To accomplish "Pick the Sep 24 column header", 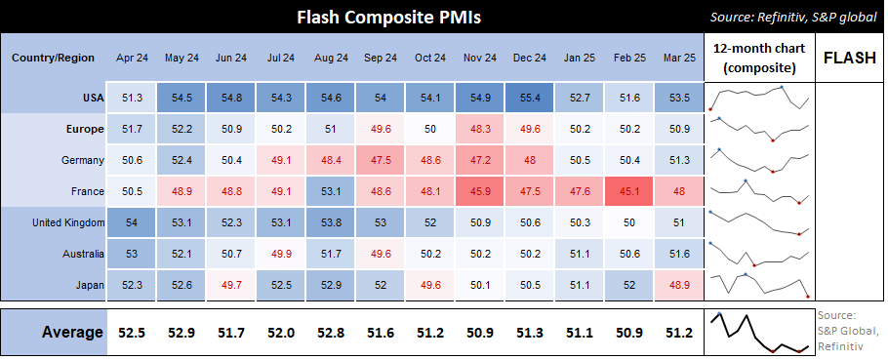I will click(380, 58).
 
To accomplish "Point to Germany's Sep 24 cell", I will click(380, 160).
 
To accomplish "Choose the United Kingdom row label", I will click(68, 222).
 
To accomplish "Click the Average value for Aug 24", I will click(330, 333).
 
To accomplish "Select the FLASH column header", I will click(849, 58).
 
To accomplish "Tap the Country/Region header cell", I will click(53, 58).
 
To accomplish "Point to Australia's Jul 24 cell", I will click(280, 254).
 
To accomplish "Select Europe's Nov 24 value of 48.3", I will click(479, 129).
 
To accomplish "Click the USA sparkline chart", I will click(759, 98).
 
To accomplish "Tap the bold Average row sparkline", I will click(759, 333).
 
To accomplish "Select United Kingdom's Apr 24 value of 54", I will click(132, 222).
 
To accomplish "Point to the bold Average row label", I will click(72, 333).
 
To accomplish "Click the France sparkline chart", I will click(759, 191).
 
